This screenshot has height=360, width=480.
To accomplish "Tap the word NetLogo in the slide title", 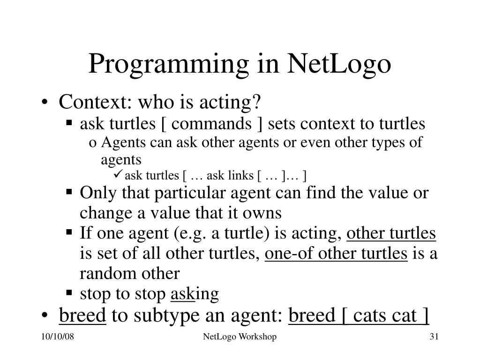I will (x=339, y=64).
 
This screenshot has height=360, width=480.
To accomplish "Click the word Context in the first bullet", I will (x=87, y=101).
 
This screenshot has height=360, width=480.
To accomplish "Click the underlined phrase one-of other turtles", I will (x=336, y=254).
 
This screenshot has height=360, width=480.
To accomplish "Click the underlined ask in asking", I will (x=182, y=294).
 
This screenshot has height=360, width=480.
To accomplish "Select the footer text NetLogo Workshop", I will (x=240, y=337).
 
